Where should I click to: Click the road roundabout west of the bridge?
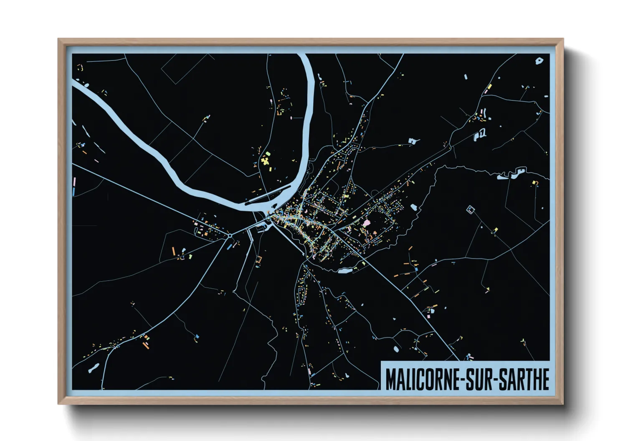[x=230, y=236]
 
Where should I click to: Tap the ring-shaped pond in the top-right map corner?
[x=539, y=61]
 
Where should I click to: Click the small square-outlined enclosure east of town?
[x=471, y=209]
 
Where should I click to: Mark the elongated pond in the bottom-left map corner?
[x=93, y=368]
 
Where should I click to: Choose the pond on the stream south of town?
[x=345, y=271]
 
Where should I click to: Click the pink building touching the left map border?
[x=75, y=182]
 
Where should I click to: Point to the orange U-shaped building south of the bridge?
[x=258, y=260]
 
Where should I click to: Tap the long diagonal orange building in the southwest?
[x=145, y=346]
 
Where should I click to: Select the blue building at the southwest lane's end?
[x=197, y=336]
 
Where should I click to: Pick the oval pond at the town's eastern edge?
[x=413, y=207]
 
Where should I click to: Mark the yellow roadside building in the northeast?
[x=489, y=87]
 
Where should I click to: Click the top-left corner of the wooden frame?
[x=58, y=39]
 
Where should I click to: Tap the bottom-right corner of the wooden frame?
[x=563, y=403]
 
